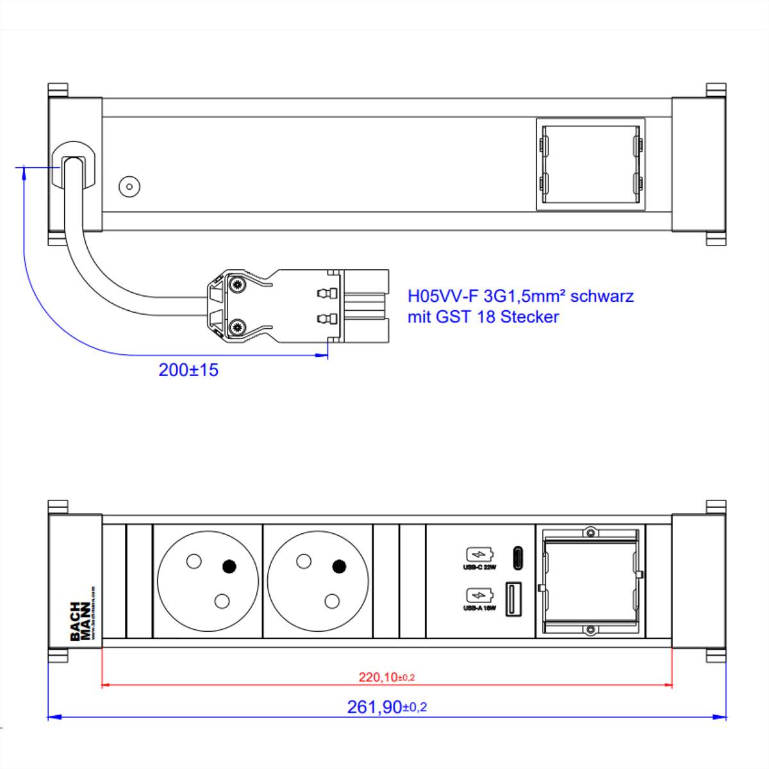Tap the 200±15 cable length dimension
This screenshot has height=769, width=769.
(188, 370)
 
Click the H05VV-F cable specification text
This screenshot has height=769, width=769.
(520, 296)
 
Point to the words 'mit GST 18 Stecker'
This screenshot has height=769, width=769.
(483, 317)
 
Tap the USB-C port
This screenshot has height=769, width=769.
(516, 558)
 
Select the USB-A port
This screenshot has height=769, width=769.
(515, 599)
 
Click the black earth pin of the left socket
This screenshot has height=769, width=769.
(229, 566)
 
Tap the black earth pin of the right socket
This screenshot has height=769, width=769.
(339, 566)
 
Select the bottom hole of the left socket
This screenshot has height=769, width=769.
(222, 601)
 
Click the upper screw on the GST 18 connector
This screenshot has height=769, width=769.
(238, 286)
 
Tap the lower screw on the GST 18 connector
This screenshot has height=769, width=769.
(238, 327)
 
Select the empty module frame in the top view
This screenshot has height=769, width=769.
(590, 165)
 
